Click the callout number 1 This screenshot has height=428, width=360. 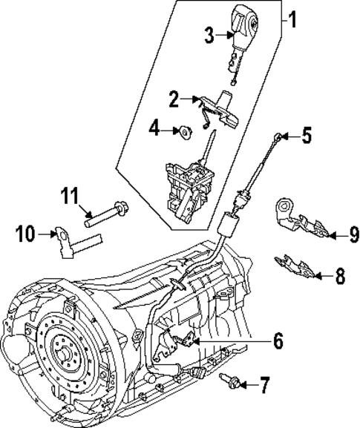(x=292, y=19)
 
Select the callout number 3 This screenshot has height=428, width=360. (x=211, y=35)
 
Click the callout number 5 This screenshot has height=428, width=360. (x=307, y=136)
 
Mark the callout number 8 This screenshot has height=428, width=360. (x=339, y=277)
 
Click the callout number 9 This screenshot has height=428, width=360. (x=354, y=235)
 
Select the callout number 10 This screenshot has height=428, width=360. (x=25, y=235)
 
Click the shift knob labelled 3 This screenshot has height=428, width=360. (x=243, y=25)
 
